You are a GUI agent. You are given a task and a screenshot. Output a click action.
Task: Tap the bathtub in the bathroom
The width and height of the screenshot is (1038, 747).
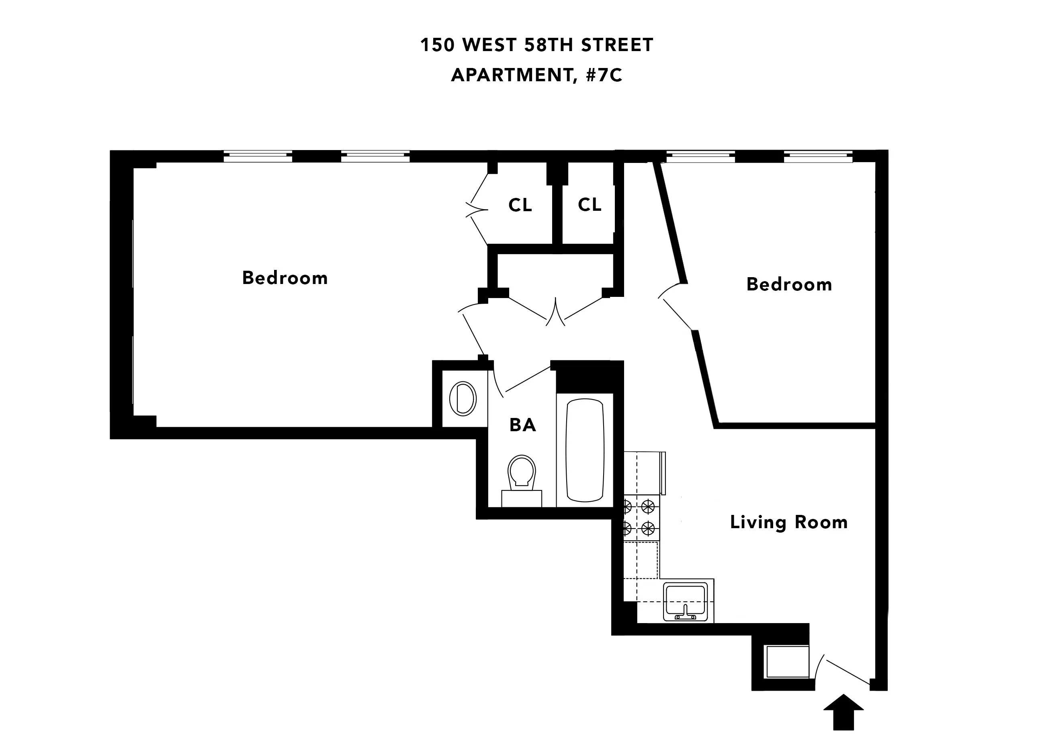[584, 450]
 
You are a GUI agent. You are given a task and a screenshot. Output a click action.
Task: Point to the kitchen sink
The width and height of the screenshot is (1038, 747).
[685, 601]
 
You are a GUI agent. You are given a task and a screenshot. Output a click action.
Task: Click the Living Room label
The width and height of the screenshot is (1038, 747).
[788, 523]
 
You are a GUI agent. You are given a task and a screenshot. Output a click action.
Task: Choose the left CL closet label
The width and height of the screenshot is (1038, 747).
[520, 205]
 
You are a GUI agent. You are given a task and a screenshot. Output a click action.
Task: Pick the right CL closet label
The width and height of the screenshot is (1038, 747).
[590, 205]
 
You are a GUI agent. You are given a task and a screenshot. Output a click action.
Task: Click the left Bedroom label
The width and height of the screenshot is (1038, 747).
[285, 278]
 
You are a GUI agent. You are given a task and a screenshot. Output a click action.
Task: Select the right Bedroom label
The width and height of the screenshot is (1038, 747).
[789, 284]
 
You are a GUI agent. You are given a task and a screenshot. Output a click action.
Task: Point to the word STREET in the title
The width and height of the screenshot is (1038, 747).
[617, 45]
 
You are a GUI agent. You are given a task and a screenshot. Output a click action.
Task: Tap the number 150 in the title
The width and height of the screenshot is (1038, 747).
[437, 45]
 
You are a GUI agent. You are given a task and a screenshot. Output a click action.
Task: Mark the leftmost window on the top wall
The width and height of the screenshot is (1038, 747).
[258, 156]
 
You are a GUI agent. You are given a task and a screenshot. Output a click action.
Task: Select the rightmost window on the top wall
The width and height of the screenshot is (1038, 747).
[818, 156]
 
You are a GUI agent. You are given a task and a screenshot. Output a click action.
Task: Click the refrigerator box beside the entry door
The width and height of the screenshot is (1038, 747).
[787, 661]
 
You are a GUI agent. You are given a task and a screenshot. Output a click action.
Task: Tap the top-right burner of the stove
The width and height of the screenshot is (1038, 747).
[648, 506]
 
